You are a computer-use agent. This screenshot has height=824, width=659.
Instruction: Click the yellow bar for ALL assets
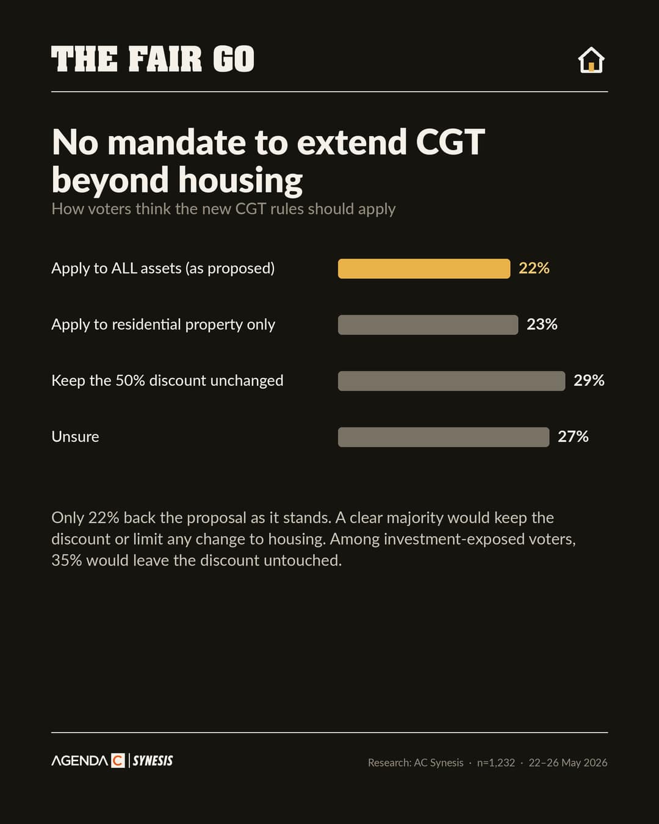[424, 269]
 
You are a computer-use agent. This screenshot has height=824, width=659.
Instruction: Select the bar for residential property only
[428, 325]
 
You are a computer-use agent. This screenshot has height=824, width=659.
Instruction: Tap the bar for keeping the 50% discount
[452, 381]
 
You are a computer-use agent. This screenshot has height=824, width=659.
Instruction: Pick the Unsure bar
[444, 437]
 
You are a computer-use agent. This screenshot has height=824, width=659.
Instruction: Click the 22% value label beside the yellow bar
[534, 268]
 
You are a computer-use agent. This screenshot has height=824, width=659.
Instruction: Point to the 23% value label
[542, 324]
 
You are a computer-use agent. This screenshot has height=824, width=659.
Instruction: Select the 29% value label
[589, 380]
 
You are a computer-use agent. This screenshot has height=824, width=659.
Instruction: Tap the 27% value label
[573, 436]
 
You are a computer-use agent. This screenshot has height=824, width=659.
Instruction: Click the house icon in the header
[591, 60]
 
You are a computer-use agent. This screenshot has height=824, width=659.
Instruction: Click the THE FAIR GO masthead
[153, 59]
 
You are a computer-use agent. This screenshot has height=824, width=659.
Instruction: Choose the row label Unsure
[75, 436]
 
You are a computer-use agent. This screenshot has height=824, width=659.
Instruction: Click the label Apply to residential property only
[163, 325]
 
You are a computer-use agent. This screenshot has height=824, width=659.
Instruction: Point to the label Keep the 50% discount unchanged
[167, 381]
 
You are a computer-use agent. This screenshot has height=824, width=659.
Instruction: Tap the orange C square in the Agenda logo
[118, 761]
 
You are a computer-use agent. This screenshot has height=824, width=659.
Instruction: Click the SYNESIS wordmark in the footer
[153, 761]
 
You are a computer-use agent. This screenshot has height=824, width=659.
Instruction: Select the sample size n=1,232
[495, 763]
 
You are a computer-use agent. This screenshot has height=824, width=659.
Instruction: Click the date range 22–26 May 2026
[568, 763]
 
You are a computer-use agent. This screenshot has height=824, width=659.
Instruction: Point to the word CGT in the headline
[450, 142]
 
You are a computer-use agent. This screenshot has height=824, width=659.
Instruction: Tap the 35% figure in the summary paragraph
[67, 560]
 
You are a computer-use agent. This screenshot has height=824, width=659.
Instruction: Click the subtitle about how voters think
[223, 209]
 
